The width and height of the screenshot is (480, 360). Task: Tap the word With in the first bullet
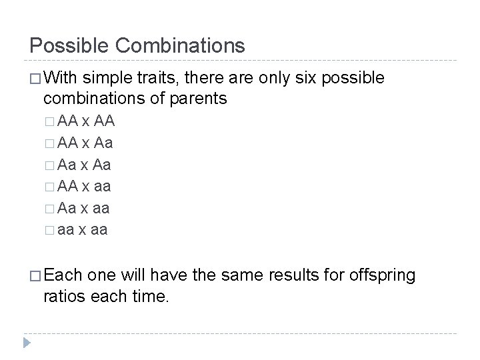tap(61, 78)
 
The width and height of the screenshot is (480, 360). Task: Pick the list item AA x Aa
tap(85, 143)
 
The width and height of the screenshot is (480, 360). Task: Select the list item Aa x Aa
tap(85, 165)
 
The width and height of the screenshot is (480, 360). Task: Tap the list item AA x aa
tap(85, 187)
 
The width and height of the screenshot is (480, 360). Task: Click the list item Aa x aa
tap(85, 209)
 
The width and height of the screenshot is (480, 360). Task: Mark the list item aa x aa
tap(83, 231)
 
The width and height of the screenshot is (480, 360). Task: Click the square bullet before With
tap(35, 79)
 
